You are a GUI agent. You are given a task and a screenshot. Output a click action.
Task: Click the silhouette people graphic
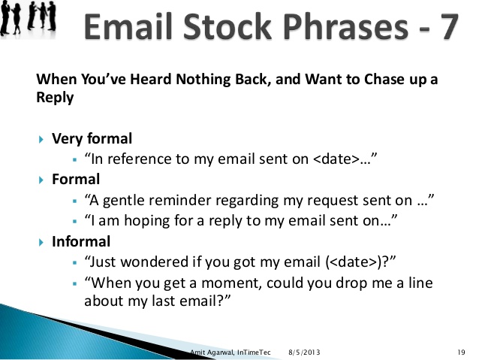coord(29,17)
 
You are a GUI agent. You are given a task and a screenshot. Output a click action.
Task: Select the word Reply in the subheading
coord(55,97)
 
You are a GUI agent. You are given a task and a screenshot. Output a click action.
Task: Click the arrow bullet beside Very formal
coord(41,140)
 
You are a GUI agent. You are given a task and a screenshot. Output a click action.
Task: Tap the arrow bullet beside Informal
coord(41,243)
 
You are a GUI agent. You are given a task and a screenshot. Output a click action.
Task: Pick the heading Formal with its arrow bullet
coord(69,179)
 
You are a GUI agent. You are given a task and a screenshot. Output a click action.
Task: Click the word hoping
coord(146,222)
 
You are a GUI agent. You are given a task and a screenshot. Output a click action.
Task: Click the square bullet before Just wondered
coord(75,262)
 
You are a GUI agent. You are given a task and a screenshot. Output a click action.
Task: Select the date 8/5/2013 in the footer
coord(304,352)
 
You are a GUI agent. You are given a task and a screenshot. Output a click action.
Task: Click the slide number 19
coord(461,352)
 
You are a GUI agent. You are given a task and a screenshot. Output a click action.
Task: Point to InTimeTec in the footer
coord(254,352)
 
